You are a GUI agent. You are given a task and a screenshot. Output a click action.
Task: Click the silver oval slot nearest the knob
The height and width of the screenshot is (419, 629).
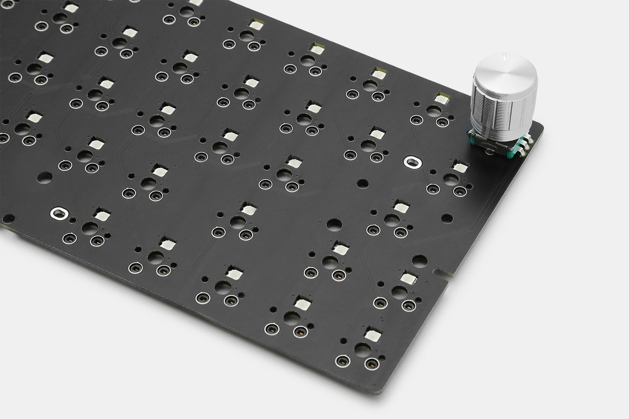410,161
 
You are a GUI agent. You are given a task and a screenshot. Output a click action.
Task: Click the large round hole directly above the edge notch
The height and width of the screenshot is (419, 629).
417,260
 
